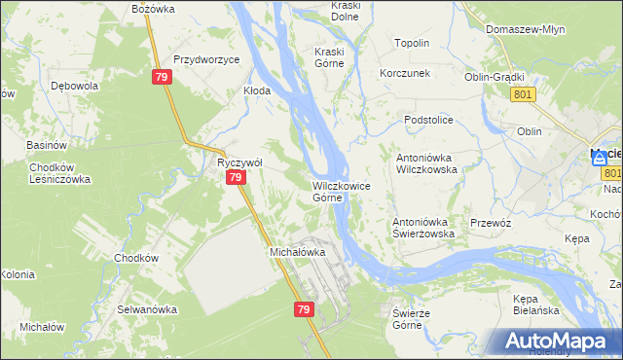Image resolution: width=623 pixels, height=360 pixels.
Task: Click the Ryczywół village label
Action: [235, 162]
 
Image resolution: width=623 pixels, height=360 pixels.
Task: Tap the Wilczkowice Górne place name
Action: [340, 191]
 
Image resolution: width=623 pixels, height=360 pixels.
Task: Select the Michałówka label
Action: [296, 252]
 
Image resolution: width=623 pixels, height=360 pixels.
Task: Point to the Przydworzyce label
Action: [206, 59]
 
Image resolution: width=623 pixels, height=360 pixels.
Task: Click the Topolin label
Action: [412, 44]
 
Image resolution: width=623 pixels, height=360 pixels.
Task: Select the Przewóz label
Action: [491, 223]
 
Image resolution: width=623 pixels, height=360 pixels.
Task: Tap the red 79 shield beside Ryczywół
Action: [235, 179]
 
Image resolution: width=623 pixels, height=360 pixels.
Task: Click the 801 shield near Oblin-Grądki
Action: [522, 93]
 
